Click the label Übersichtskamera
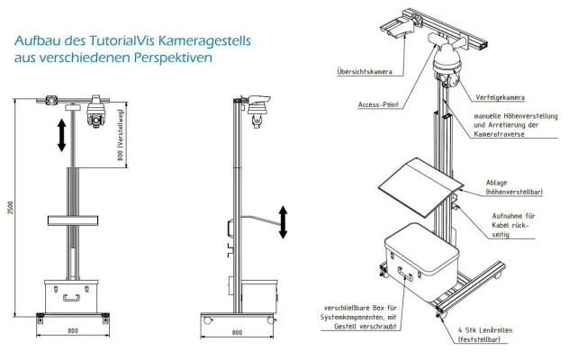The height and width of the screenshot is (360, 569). click(x=365, y=71)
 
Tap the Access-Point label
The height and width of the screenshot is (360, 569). click(x=378, y=104)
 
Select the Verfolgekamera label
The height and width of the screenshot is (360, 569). click(x=500, y=97)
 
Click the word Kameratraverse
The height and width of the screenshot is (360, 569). click(x=499, y=134)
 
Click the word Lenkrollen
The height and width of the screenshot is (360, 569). click(x=496, y=330)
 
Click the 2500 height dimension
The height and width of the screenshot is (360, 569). click(x=10, y=207)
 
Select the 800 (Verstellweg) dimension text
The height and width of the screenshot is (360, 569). click(x=122, y=134)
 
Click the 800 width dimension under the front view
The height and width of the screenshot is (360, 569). click(x=73, y=330)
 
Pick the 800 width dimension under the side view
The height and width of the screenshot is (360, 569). click(x=237, y=332)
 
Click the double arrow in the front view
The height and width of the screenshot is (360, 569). click(x=62, y=135)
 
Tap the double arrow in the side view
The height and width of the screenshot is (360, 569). click(x=283, y=222)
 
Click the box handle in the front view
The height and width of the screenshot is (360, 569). click(x=71, y=298)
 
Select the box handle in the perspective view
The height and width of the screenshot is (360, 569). click(x=406, y=274)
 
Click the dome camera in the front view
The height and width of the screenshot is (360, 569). click(x=95, y=112)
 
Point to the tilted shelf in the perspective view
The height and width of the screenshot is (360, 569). click(x=420, y=186)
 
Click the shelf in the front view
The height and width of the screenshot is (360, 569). click(x=73, y=220)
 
